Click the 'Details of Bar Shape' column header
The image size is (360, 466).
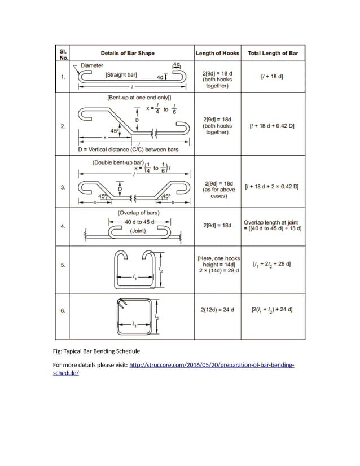pyautogui.click(x=131, y=54)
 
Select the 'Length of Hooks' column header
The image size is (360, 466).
pyautogui.click(x=217, y=54)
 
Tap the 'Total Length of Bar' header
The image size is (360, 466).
pyautogui.click(x=273, y=54)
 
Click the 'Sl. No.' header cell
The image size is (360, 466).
pyautogui.click(x=64, y=54)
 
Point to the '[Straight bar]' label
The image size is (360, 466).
pyautogui.click(x=121, y=74)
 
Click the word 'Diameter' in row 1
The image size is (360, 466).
pyautogui.click(x=91, y=65)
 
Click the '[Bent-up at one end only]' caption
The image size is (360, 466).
pyautogui.click(x=139, y=98)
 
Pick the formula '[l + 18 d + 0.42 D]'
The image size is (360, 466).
pyautogui.click(x=273, y=126)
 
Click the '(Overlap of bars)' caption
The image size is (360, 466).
pyautogui.click(x=138, y=213)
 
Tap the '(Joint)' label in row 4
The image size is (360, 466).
pyautogui.click(x=138, y=231)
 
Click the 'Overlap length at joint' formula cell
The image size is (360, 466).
pyautogui.click(x=273, y=226)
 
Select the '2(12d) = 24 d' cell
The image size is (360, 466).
pyautogui.click(x=217, y=309)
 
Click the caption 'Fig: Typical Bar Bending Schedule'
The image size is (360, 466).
pyautogui.click(x=96, y=351)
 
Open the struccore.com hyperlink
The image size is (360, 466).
pyautogui.click(x=212, y=366)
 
